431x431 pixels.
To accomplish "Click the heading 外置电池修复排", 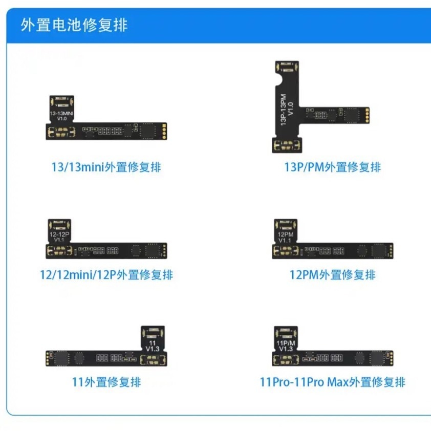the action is [x=74, y=25].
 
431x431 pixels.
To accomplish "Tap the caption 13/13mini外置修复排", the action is [x=106, y=167].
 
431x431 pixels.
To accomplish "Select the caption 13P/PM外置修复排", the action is [x=332, y=167].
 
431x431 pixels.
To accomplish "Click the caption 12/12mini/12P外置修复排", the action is [x=106, y=274].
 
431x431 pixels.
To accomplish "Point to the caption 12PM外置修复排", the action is [x=332, y=274].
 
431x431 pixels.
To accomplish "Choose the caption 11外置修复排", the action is [x=106, y=382].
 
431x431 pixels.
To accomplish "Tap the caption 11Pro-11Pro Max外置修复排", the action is [x=332, y=382].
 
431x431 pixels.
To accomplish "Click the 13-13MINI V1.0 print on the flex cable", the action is [x=61, y=116].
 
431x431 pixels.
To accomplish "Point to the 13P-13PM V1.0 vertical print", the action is [x=287, y=110].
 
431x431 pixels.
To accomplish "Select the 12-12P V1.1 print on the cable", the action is [x=59, y=237].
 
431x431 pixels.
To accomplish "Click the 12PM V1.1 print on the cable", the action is [x=285, y=237].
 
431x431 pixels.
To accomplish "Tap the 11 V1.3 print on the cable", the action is [x=153, y=346].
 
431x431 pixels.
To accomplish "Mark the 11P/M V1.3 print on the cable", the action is [x=286, y=346].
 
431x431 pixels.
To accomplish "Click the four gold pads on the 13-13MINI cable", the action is [x=164, y=132].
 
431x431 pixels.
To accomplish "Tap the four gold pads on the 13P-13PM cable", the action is [x=367, y=116].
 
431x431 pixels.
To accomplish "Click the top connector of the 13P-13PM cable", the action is [x=287, y=67].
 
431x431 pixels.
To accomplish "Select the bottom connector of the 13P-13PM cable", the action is [x=287, y=145].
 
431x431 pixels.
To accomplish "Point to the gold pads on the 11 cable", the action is [x=48, y=358].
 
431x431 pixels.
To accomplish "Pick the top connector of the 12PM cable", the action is [x=286, y=225].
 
